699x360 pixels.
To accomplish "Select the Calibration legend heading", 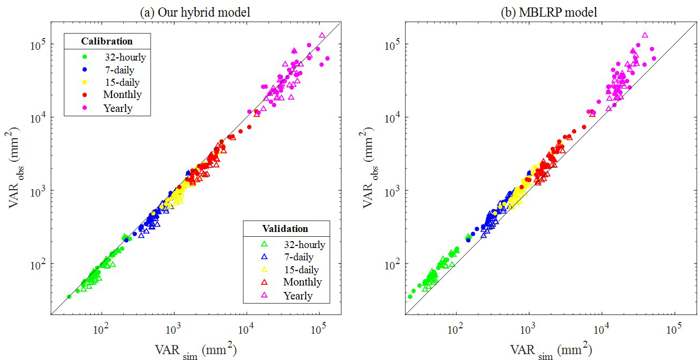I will click(107, 41).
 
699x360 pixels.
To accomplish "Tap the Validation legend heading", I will click(285, 229).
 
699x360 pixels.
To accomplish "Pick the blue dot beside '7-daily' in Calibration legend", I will click(84, 70).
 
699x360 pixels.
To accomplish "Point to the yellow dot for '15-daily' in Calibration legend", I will click(84, 82).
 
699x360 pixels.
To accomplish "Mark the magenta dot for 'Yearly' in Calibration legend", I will click(84, 108).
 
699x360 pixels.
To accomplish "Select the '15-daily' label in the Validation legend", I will click(301, 270).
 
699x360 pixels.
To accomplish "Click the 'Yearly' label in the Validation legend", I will click(298, 295).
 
